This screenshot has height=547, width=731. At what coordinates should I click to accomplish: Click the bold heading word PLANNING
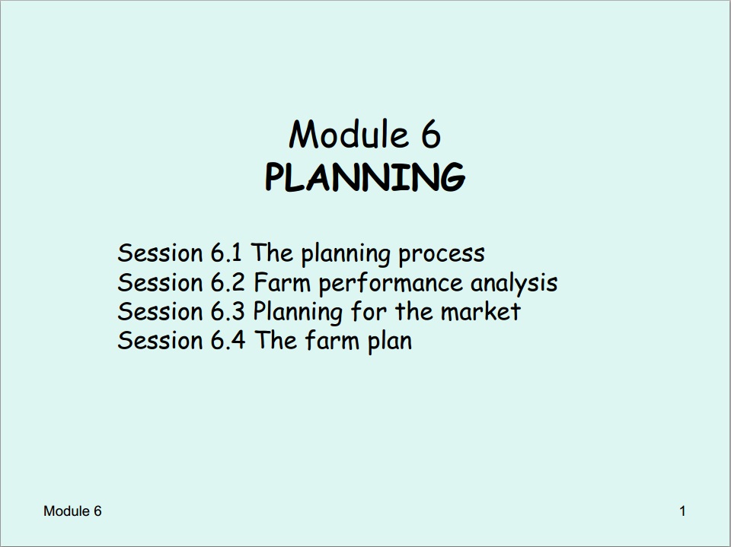coord(365,177)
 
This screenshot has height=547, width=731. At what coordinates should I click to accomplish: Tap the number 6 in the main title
coord(431,135)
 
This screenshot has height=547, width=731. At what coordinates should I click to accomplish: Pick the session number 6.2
coord(227,282)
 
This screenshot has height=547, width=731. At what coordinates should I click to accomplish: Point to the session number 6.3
coord(227,311)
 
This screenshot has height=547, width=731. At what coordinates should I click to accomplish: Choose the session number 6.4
coord(228,340)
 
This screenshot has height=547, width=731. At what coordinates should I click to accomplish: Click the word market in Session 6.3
coord(480,311)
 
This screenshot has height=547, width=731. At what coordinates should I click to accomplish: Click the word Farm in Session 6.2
coord(282,282)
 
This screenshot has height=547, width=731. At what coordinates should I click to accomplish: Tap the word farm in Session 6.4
coord(333,340)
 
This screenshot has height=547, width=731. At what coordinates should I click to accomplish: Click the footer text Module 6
coord(72,511)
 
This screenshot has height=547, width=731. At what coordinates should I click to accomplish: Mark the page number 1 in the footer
coord(682,511)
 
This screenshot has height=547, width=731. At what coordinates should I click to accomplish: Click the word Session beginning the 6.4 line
coord(160,340)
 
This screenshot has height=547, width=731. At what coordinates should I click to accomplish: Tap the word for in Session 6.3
coord(369,311)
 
